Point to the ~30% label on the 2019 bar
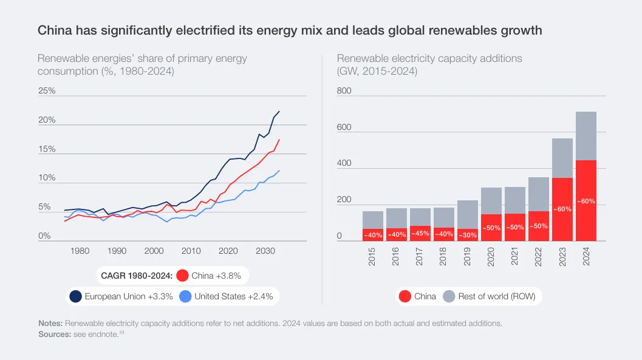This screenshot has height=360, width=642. pos(468,234)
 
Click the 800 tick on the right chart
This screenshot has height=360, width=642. pos(344,91)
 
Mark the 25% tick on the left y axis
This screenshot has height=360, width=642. pos(47,91)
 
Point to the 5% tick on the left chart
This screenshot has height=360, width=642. pos(44,208)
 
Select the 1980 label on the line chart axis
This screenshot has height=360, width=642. pos(80,251)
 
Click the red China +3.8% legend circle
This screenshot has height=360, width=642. pos(183,276)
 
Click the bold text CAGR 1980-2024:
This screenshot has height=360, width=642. pos(136,276)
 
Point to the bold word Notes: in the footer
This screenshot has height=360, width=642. pos(50,324)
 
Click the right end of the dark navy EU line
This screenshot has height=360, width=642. pos(279,112)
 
